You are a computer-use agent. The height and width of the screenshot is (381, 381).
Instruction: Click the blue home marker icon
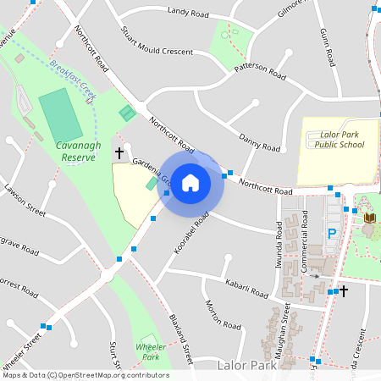(x=190, y=182)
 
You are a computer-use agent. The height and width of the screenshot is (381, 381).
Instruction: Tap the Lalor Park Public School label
(x=342, y=140)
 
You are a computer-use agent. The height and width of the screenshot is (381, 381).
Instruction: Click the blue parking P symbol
(x=332, y=233)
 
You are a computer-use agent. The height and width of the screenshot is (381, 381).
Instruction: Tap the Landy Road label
(x=188, y=12)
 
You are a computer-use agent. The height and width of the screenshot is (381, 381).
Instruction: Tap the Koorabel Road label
(x=191, y=229)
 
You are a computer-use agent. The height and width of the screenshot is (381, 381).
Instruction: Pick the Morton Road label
(x=223, y=313)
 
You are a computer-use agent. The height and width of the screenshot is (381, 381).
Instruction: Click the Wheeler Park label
(x=150, y=352)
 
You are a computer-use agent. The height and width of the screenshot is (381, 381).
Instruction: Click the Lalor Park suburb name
(x=247, y=366)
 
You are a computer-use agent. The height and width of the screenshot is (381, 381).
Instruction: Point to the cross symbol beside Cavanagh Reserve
(x=119, y=153)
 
